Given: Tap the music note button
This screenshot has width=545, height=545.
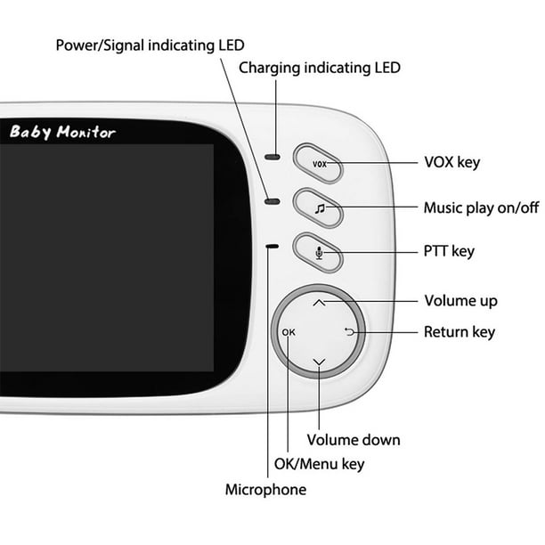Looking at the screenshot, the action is (318, 207).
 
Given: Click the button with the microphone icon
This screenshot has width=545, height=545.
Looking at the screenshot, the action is (318, 252).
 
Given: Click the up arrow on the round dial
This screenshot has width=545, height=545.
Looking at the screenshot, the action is (319, 303).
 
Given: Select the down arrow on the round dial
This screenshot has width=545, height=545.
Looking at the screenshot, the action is (319, 362).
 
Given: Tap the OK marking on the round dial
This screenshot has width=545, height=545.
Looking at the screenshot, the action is (289, 332).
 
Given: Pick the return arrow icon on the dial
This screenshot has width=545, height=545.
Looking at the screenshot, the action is (349, 332).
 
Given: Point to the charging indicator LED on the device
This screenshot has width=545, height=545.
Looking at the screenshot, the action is (272, 157).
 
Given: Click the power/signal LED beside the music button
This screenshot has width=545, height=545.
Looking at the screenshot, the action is (272, 201).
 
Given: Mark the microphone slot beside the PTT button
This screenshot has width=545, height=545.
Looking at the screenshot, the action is (272, 247).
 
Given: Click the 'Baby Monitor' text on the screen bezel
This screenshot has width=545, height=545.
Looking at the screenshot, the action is (62, 132).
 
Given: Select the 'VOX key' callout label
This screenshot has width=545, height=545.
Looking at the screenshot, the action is (451, 162).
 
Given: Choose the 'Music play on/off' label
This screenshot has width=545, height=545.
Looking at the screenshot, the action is (481, 207).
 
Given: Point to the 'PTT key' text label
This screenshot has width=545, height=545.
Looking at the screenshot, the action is (449, 251).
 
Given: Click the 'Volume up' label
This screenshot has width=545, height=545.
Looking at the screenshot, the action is (460, 301).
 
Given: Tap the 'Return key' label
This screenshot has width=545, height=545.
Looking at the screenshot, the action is (460, 332).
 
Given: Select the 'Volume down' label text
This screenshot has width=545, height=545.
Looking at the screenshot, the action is (354, 440).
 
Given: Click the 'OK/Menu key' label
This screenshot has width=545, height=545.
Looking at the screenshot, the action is (319, 464).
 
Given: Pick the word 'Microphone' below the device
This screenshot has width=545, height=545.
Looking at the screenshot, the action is (265, 490).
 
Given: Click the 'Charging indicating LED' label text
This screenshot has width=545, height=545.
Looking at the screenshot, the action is (320, 68).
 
